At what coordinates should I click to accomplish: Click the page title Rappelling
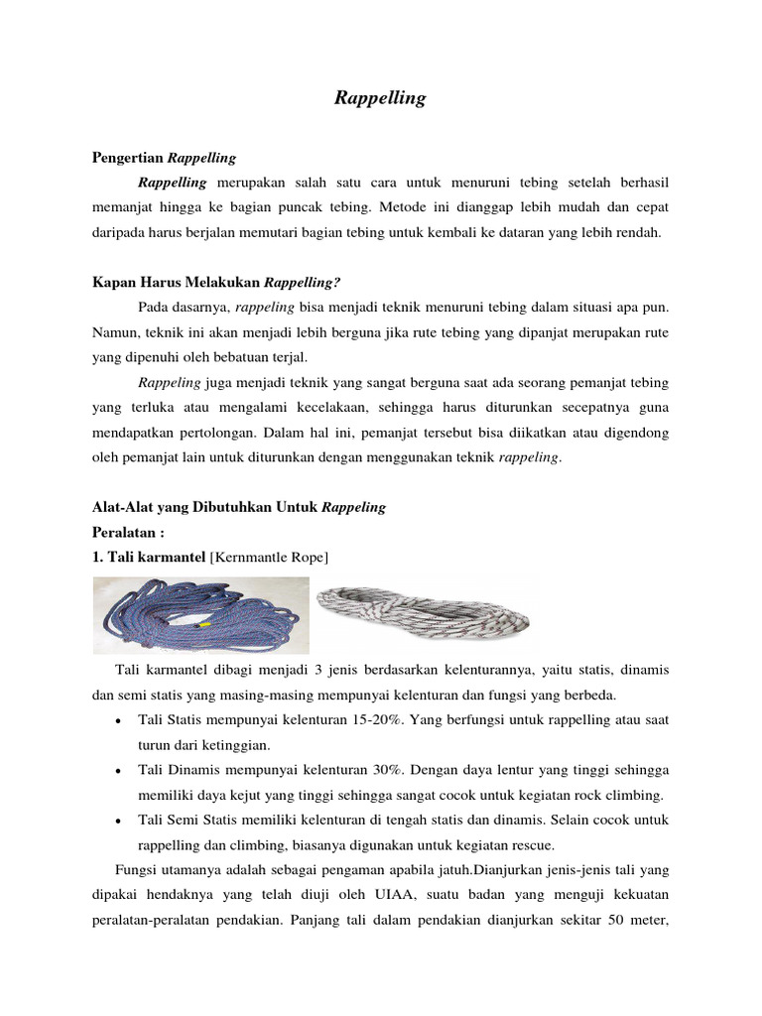380,98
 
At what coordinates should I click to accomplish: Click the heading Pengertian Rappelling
164,157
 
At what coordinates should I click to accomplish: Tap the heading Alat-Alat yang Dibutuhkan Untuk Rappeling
238,507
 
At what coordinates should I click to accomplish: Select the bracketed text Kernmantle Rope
269,558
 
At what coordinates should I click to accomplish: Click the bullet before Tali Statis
119,719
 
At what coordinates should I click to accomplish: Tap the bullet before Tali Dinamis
119,771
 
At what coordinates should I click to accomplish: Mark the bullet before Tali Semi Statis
119,822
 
